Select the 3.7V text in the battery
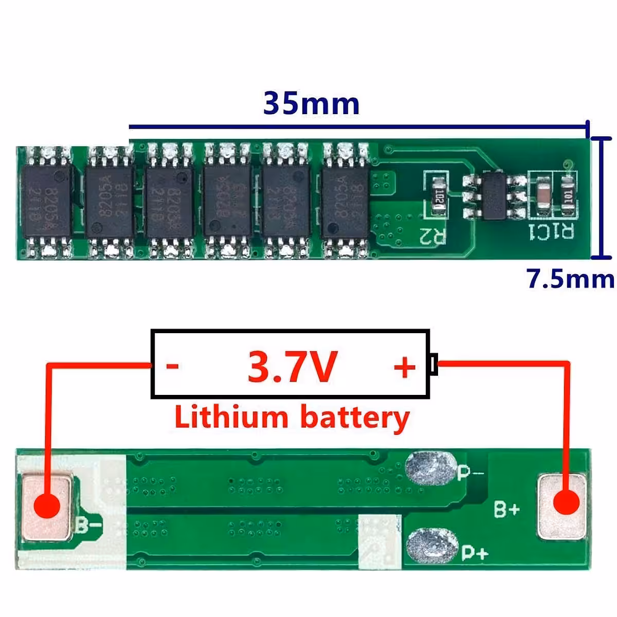292,366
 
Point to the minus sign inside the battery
173,366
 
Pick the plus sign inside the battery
404,367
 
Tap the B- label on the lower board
88,525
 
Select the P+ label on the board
474,553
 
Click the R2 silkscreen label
432,236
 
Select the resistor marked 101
567,196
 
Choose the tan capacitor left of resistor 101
543,196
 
